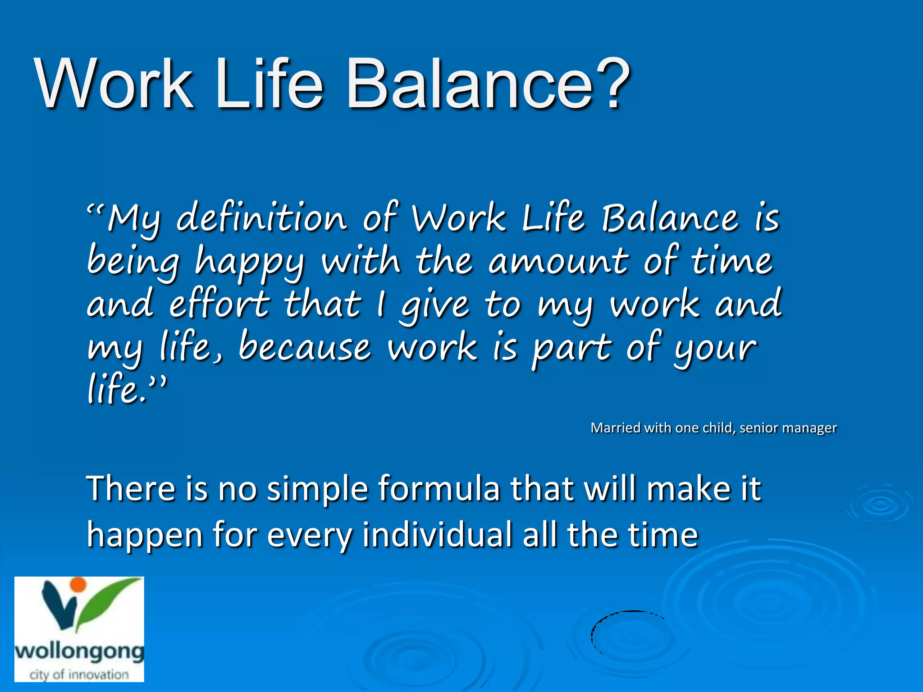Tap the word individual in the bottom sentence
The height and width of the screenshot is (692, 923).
click(437, 535)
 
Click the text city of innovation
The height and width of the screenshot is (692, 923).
click(79, 674)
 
